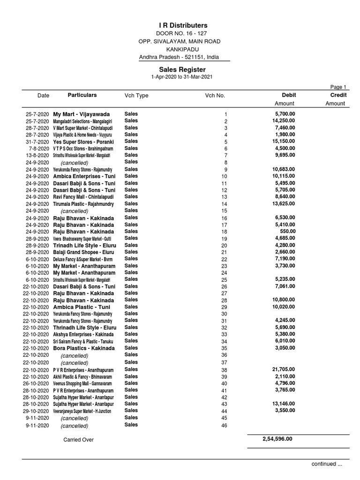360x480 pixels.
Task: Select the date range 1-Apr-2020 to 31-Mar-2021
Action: (x=179, y=77)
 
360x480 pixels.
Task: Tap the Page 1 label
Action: (x=338, y=87)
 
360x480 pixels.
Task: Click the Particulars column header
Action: (x=82, y=95)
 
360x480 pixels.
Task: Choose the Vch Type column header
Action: (x=136, y=96)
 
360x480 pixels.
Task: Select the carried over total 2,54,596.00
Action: (x=277, y=439)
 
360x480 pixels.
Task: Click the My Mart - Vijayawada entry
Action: (x=82, y=114)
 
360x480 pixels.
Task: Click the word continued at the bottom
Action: (x=323, y=464)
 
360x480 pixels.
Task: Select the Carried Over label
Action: (x=78, y=440)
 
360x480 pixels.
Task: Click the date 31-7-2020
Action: (x=37, y=142)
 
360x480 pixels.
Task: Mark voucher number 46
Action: (x=224, y=426)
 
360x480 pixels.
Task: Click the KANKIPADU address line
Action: (x=179, y=49)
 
